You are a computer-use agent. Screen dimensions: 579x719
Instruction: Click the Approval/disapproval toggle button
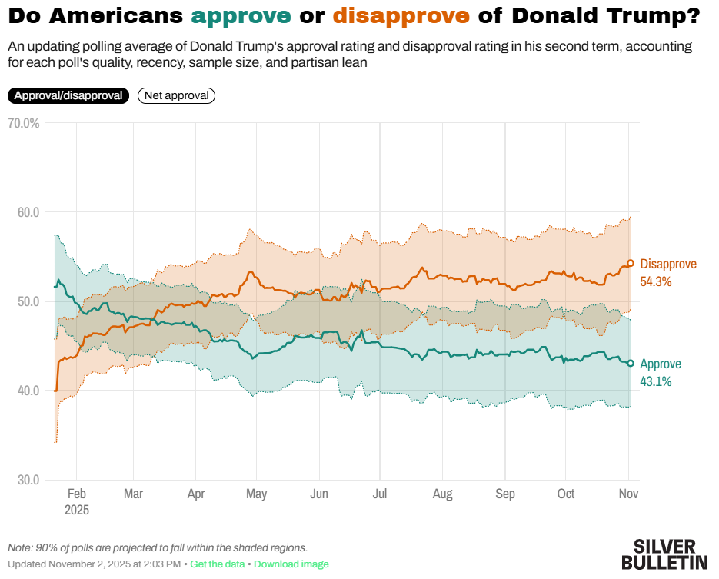point(68,95)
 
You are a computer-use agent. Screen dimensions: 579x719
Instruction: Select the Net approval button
point(176,95)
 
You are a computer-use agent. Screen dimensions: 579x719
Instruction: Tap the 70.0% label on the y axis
point(23,123)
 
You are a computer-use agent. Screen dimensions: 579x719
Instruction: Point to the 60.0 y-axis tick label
point(28,212)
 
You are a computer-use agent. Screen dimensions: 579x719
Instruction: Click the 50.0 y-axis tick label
point(28,301)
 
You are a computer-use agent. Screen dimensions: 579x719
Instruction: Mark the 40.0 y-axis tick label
point(28,391)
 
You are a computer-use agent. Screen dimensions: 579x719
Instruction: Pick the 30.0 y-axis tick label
point(28,480)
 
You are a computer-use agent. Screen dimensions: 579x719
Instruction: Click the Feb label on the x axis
point(77,494)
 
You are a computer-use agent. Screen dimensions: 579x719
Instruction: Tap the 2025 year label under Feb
point(77,510)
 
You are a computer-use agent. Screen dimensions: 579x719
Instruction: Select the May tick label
point(257,494)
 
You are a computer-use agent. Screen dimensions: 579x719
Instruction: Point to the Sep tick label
point(504,494)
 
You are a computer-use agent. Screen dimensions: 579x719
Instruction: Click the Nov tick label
point(628,494)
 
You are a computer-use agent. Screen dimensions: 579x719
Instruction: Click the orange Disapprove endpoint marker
point(631,263)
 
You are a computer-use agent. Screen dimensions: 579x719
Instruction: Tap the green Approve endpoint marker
point(631,363)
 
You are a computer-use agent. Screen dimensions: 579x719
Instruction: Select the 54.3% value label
point(656,281)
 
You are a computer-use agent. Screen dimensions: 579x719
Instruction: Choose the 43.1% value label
point(656,381)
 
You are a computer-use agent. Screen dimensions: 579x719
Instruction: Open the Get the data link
point(218,564)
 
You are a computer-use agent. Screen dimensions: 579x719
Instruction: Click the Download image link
point(291,564)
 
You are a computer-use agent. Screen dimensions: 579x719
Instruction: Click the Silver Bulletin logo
point(664,554)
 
